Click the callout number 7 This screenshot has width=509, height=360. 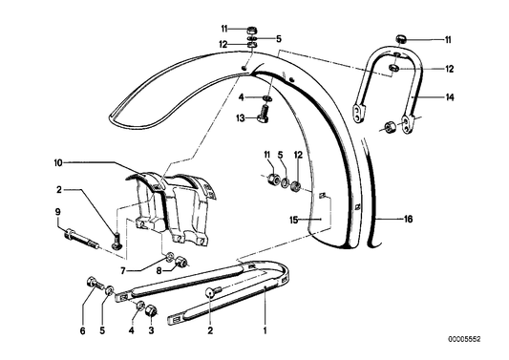151,271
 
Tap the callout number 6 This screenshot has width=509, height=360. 83,331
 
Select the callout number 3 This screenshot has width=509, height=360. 150,331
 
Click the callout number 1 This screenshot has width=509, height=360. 264,331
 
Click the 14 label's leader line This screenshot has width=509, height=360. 433,96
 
